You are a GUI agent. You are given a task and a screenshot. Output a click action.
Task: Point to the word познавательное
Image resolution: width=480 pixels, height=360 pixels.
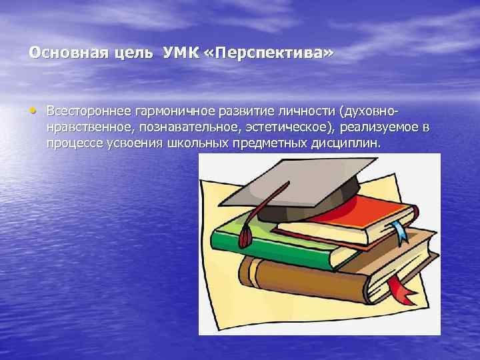point(178,127)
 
